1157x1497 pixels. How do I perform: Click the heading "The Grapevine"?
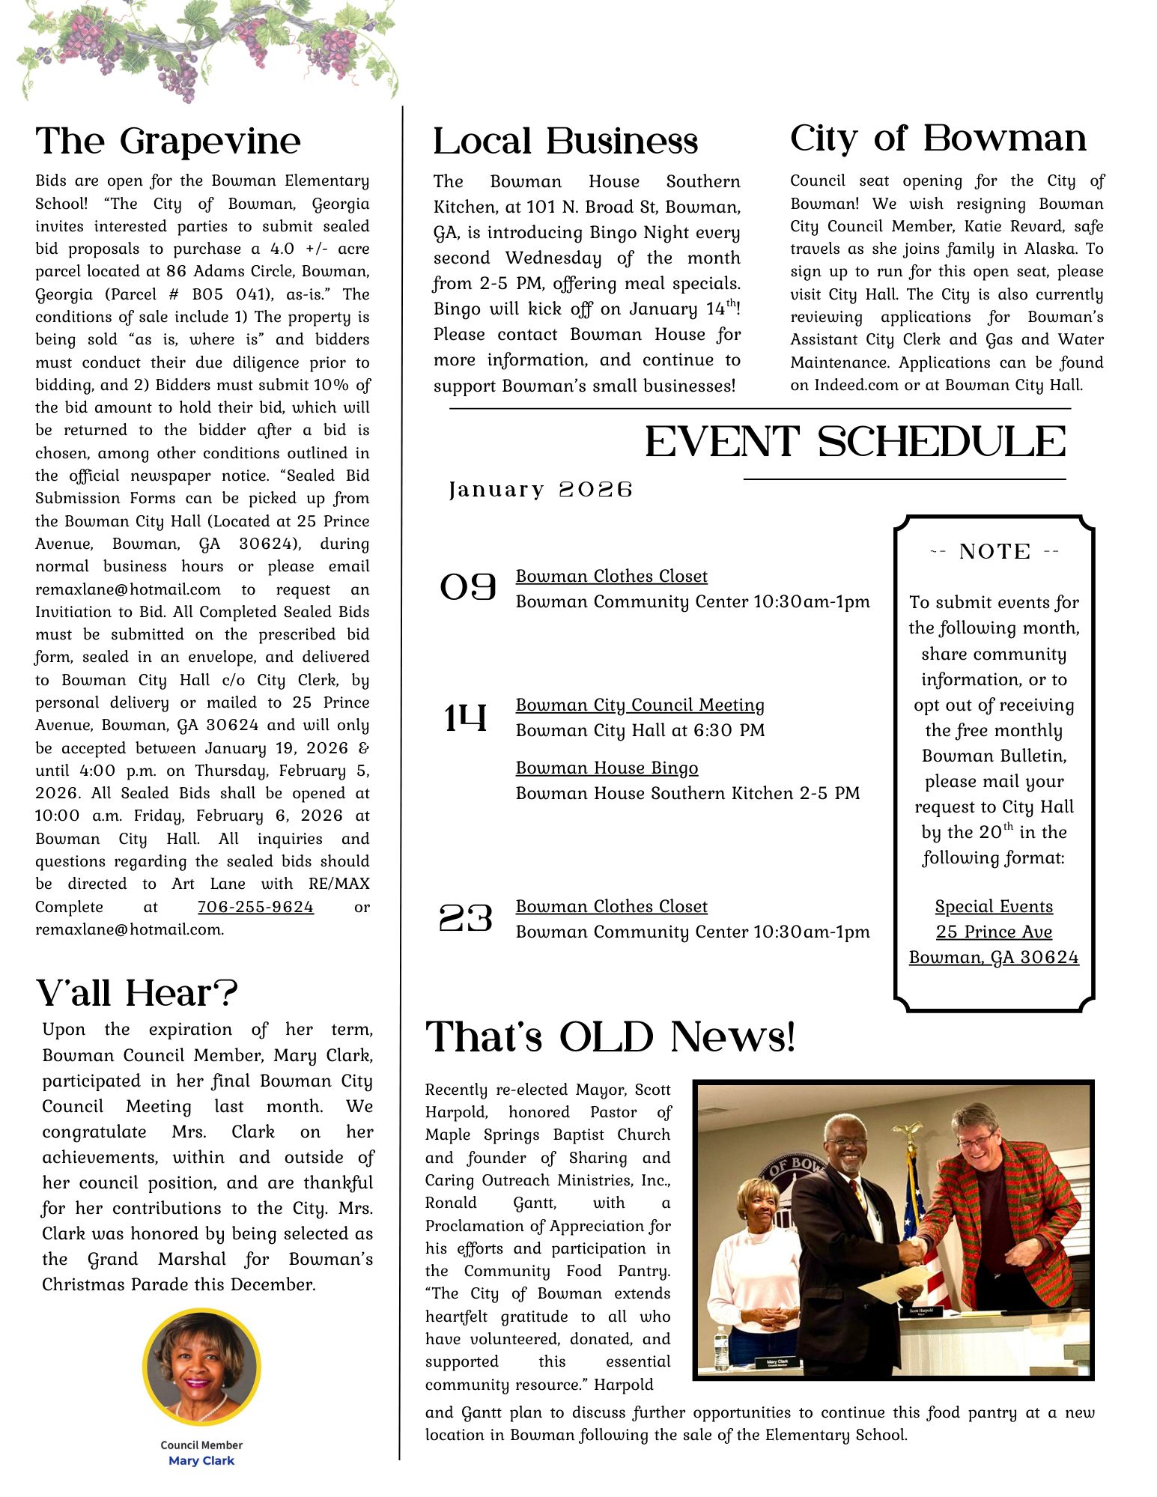(168, 142)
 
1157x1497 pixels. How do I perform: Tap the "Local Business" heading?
(565, 142)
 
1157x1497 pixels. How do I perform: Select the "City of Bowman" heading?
(938, 139)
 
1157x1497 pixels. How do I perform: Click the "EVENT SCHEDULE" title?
(855, 442)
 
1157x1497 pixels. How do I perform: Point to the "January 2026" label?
(541, 490)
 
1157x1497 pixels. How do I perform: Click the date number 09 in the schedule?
(468, 588)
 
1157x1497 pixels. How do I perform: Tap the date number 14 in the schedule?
(465, 718)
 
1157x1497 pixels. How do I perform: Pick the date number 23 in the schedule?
(466, 918)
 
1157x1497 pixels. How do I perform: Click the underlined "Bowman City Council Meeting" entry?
(640, 705)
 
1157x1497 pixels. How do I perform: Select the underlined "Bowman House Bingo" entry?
(607, 768)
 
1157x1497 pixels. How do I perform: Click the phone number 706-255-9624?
(255, 907)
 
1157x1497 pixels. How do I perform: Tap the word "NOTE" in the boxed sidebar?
(994, 552)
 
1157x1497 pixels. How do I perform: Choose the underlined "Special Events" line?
(994, 907)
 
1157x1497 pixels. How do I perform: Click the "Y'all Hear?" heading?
(136, 994)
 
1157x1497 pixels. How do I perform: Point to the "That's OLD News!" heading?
(610, 1037)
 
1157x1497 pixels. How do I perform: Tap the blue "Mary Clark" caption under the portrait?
(201, 1460)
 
